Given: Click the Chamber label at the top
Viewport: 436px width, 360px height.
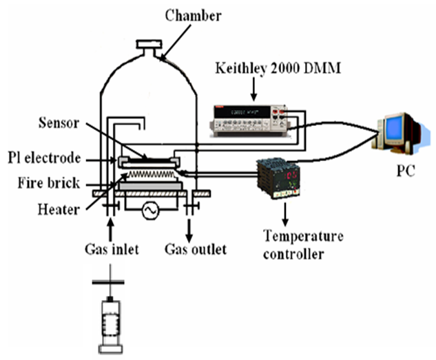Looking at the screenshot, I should pyautogui.click(x=185, y=14).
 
